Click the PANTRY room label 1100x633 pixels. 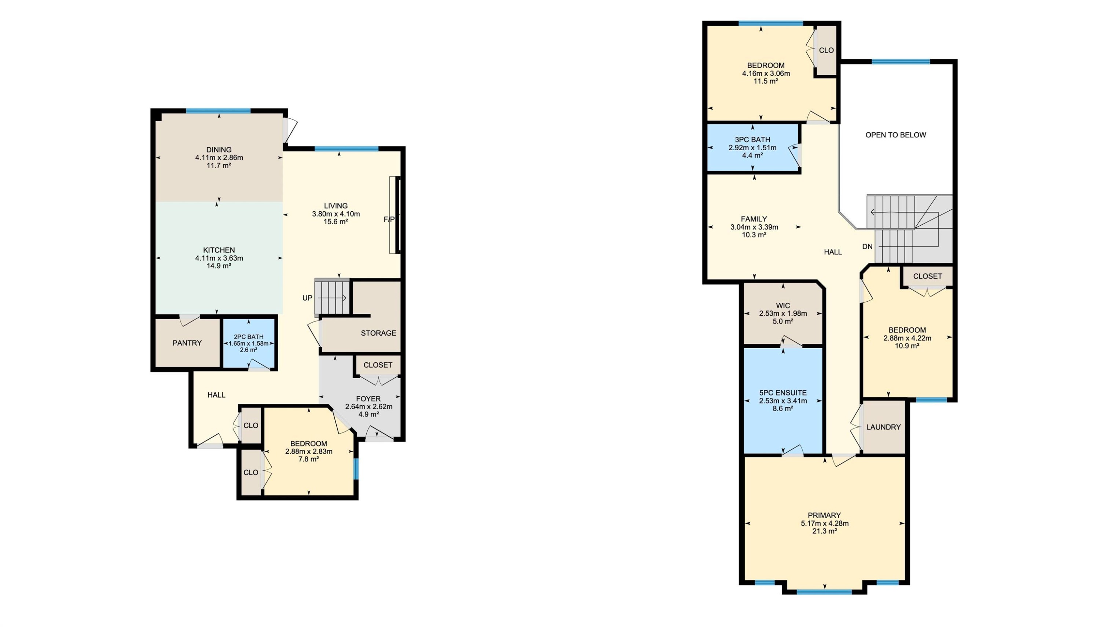tap(187, 343)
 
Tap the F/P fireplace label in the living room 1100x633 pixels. tap(389, 220)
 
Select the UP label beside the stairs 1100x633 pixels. tap(307, 298)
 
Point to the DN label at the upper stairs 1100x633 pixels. tap(867, 247)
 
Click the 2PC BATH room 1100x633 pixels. tap(249, 343)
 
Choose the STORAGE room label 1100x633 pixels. tap(378, 333)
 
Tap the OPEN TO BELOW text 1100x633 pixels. tap(895, 135)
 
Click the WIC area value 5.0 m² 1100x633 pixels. tap(782, 321)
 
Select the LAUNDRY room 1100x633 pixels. tap(883, 427)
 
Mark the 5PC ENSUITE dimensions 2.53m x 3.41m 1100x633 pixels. tap(782, 401)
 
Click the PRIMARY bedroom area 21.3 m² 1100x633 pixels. tap(824, 531)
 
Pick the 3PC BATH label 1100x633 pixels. tap(752, 140)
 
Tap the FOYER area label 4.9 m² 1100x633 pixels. tap(368, 414)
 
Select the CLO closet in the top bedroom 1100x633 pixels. tap(826, 51)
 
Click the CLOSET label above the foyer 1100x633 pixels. tap(377, 365)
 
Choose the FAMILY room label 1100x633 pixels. tap(753, 219)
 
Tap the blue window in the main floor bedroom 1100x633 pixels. tap(356, 469)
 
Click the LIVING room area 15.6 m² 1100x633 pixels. tap(335, 222)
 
